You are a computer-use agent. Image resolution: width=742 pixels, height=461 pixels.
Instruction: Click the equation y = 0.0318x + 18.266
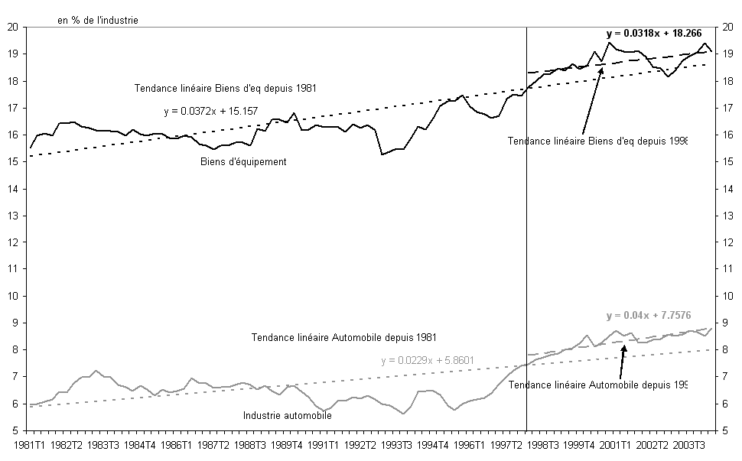[654, 34]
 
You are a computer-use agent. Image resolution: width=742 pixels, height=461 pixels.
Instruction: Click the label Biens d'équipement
[243, 162]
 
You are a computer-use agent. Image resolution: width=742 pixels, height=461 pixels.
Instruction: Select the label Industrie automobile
[288, 416]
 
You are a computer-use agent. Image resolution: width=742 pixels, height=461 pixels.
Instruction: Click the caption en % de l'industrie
[98, 20]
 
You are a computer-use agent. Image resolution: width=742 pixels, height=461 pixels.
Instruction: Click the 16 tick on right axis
[725, 135]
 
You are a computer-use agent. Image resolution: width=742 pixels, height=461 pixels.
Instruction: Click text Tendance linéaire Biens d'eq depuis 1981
[226, 88]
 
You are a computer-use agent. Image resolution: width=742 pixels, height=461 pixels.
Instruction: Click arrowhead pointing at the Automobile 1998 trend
[624, 347]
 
